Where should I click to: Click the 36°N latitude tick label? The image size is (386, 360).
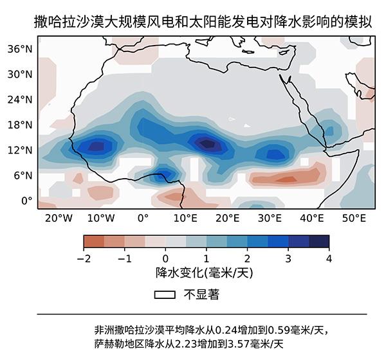click(x=20, y=49)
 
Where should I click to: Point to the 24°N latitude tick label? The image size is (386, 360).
click(x=20, y=99)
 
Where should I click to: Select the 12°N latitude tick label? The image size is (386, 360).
click(x=20, y=150)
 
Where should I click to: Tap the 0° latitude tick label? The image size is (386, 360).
click(x=26, y=200)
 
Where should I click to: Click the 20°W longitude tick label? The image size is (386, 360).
click(x=59, y=218)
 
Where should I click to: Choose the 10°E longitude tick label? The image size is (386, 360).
click(x=185, y=218)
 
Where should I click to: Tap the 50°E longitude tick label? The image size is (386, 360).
click(x=353, y=218)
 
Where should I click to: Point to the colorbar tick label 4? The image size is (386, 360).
click(x=329, y=258)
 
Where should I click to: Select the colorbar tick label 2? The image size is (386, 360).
click(x=247, y=258)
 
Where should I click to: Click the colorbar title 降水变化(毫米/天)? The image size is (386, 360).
click(x=206, y=273)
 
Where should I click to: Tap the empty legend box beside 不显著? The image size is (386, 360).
click(x=165, y=295)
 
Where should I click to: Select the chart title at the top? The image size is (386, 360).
click(x=203, y=22)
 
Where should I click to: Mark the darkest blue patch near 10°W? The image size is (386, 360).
click(x=95, y=147)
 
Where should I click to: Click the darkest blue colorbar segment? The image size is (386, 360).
click(x=319, y=241)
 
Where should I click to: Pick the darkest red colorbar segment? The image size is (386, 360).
click(x=94, y=241)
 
